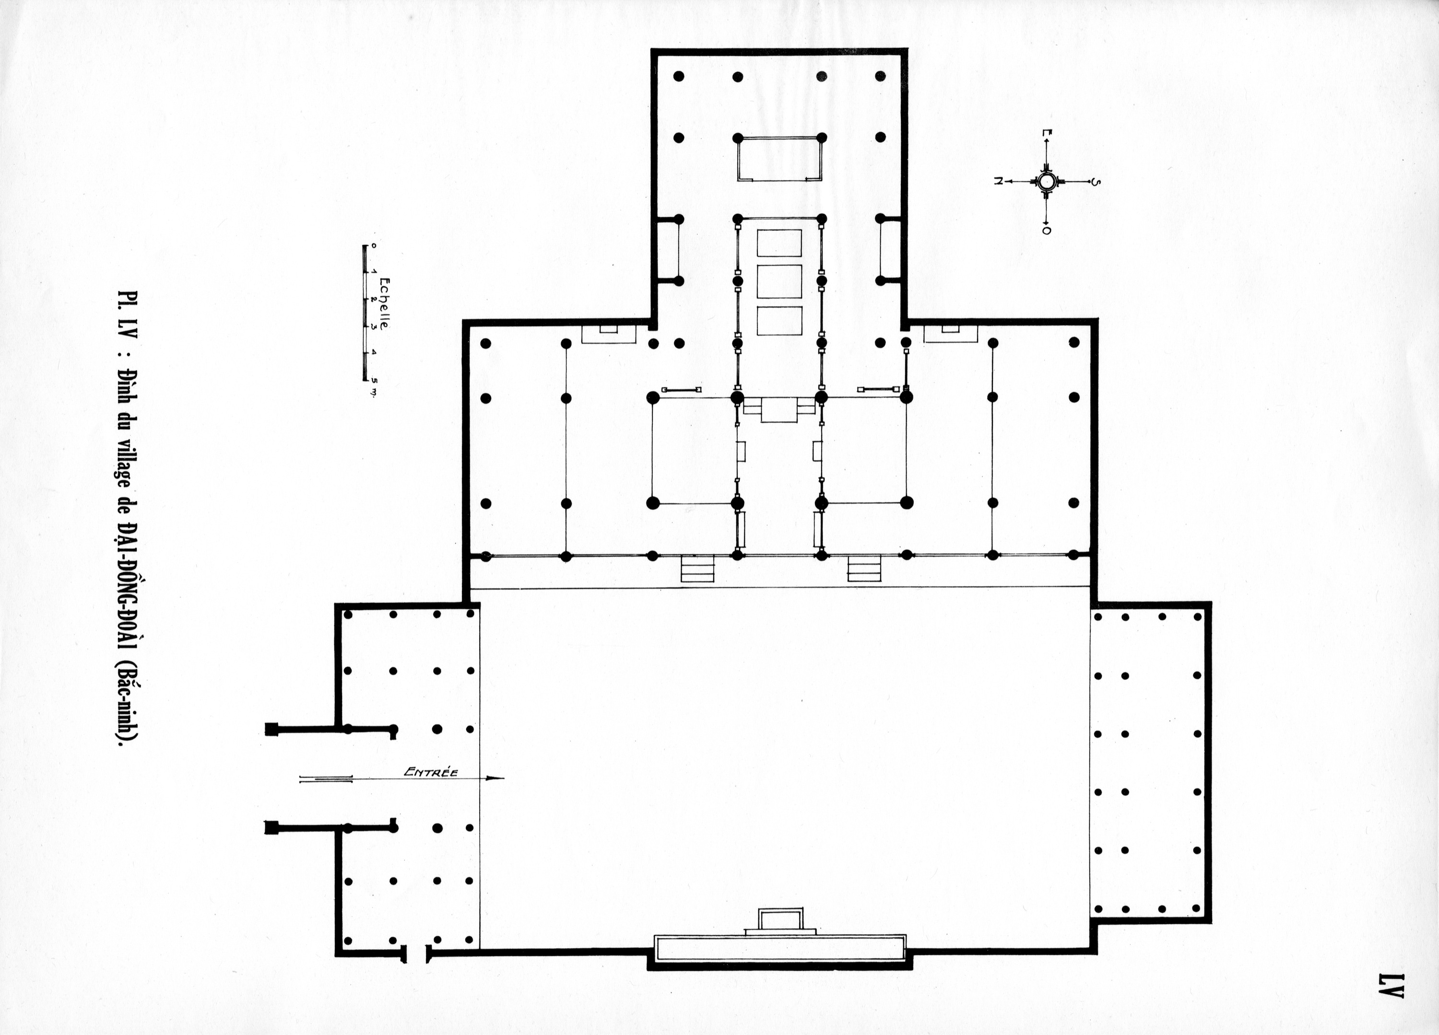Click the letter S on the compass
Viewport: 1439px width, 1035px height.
click(1097, 183)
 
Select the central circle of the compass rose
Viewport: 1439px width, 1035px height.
click(1046, 181)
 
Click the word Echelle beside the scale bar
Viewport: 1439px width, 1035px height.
click(386, 303)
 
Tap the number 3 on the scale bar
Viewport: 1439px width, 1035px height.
click(374, 326)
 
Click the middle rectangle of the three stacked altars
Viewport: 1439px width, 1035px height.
click(779, 281)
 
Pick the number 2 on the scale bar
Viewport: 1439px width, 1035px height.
click(374, 299)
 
